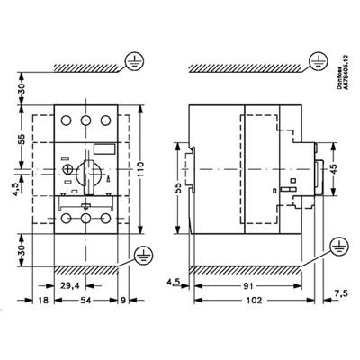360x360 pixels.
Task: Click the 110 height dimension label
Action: [141, 169]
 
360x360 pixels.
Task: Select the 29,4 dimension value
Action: [69, 286]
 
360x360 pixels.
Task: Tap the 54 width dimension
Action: [86, 300]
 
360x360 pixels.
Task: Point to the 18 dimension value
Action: [43, 300]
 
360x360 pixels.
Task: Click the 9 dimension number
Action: [123, 300]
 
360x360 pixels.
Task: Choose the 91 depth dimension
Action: [247, 286]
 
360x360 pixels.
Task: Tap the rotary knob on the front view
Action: [86, 175]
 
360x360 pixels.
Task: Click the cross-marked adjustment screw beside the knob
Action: [67, 169]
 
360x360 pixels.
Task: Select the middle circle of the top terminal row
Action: [86, 121]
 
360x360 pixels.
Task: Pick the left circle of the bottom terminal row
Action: [66, 218]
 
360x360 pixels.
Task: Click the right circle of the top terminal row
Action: [105, 121]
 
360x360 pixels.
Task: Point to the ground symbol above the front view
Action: [135, 62]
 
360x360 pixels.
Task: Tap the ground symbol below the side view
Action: [339, 247]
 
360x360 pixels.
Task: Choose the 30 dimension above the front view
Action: [22, 88]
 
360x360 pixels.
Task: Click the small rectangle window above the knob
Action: [105, 149]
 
